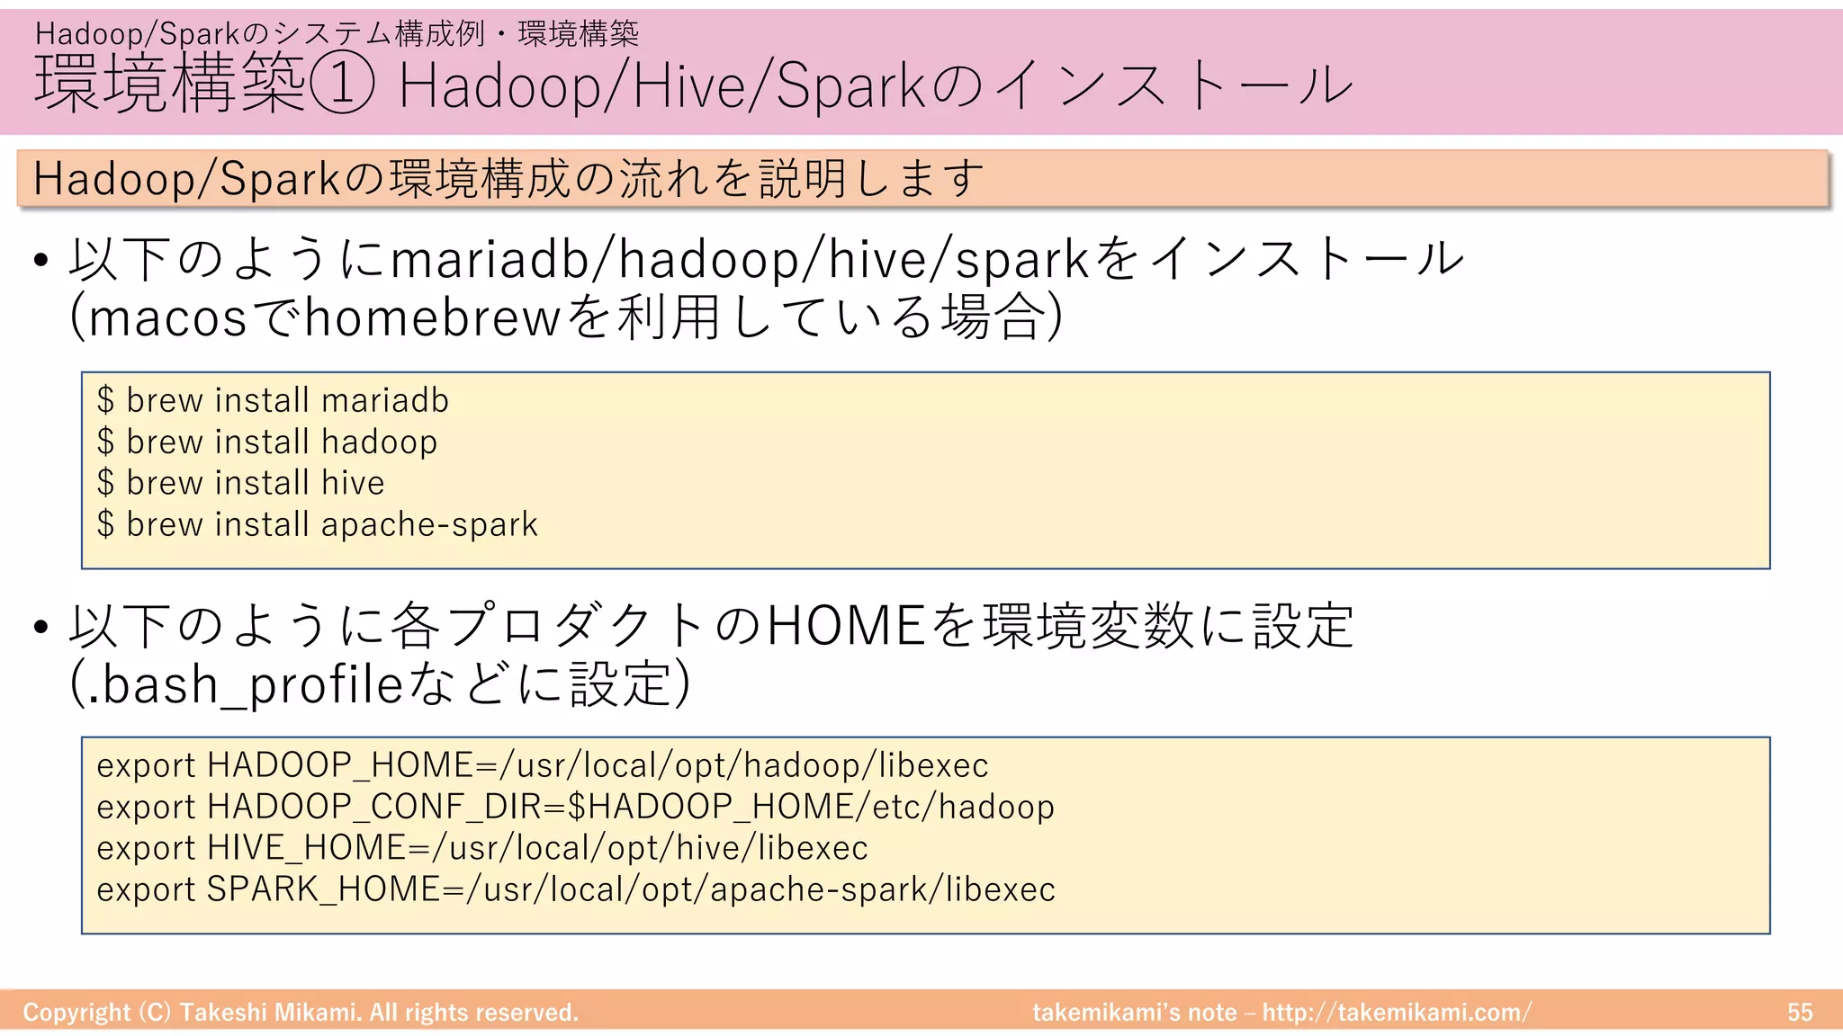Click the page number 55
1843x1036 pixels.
1800,1013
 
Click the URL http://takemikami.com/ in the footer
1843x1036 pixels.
1397,1013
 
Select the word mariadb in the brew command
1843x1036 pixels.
384,400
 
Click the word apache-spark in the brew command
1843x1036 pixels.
429,524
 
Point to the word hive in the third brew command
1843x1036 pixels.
353,483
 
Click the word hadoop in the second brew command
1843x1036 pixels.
379,442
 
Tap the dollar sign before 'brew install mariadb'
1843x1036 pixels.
106,400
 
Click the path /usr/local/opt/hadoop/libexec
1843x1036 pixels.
744,765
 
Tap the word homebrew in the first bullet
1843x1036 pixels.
433,317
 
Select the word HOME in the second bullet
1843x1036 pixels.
846,626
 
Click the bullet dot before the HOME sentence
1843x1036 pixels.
40,627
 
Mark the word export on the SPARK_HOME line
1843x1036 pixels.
146,889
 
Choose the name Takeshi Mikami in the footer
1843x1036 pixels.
268,1013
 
